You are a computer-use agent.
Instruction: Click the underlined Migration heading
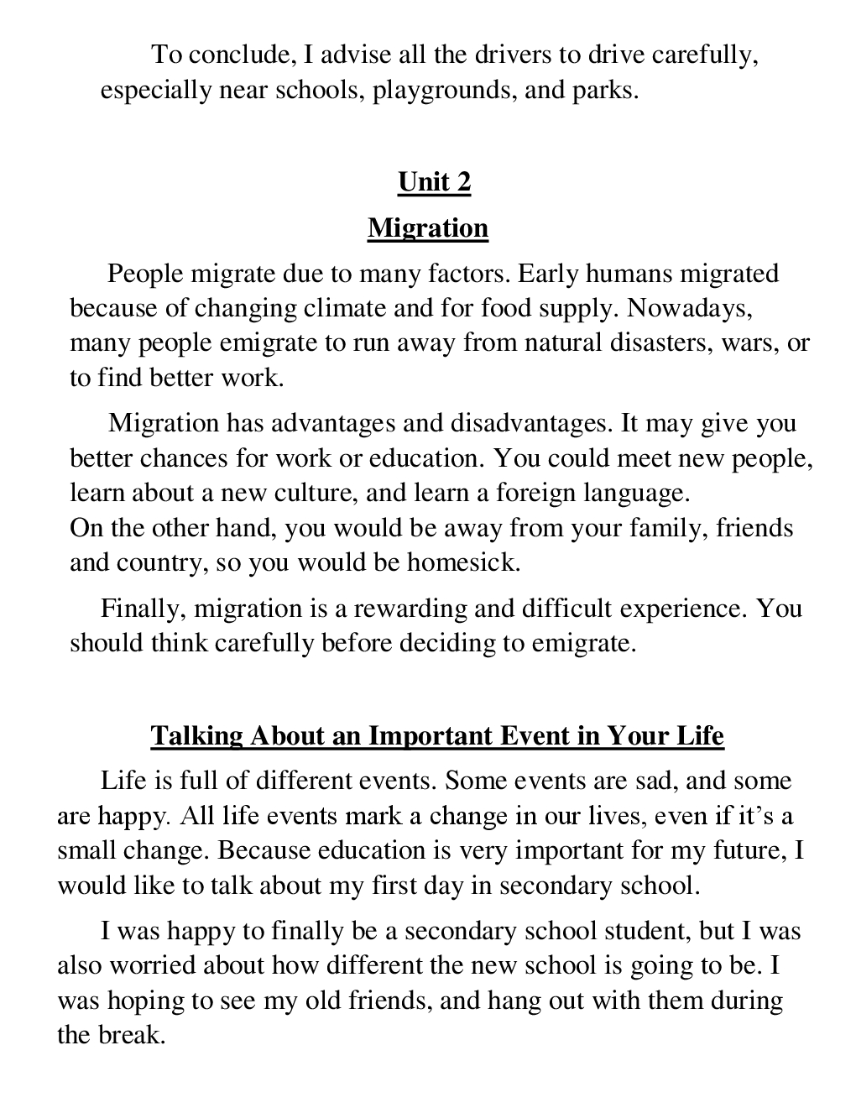pyautogui.click(x=428, y=227)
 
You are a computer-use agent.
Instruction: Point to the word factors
pyautogui.click(x=469, y=274)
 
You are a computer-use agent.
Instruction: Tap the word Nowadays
pyautogui.click(x=690, y=308)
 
